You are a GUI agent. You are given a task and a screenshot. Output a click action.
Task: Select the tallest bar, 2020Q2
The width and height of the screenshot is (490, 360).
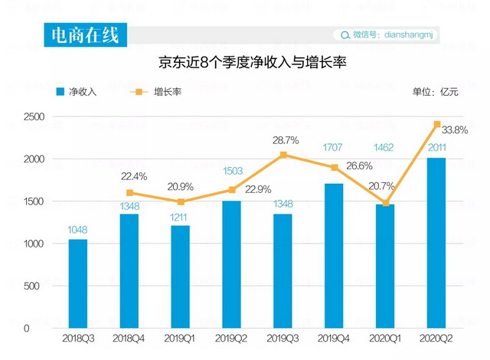pos(436,243)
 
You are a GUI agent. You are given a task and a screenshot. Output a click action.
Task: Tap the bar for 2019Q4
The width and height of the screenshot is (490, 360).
pos(334,256)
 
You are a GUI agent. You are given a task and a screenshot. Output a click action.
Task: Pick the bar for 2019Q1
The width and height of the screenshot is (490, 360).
pos(181,277)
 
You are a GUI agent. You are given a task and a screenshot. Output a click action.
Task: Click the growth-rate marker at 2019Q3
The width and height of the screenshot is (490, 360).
pos(283,155)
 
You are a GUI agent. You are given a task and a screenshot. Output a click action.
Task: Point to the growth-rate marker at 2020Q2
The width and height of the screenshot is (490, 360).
pos(436,124)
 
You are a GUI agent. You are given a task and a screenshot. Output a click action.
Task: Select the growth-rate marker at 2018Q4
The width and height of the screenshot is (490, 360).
pos(129,193)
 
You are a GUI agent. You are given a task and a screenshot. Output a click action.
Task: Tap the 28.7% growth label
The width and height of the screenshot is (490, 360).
pos(283,140)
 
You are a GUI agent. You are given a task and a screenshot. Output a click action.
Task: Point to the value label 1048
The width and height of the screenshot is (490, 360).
pos(78,228)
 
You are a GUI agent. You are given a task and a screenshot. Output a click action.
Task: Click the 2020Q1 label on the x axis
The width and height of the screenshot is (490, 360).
pos(385,337)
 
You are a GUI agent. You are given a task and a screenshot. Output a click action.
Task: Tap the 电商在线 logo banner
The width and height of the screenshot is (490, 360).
pos(83,35)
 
